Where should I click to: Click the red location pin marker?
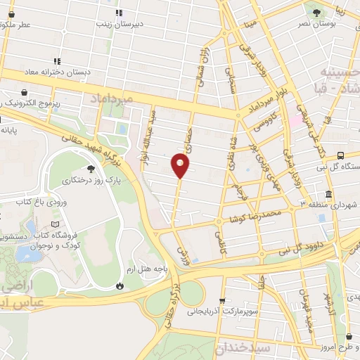point(181,165)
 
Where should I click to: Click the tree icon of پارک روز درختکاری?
point(90,168)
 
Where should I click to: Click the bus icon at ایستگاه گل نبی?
point(341,155)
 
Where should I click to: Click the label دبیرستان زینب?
point(141,23)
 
